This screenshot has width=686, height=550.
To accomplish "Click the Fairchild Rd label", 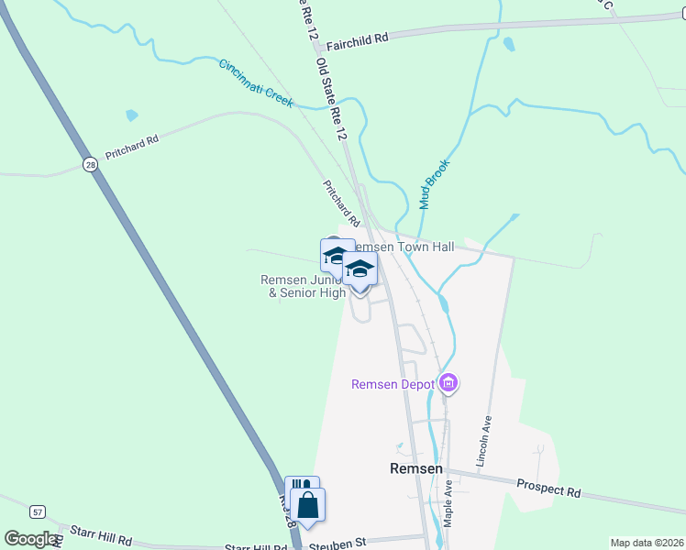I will [357, 38].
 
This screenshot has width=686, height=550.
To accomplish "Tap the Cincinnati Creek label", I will [256, 83].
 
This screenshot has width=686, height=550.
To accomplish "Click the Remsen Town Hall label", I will [404, 247].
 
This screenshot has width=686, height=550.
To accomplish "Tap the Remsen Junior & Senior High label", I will [303, 287].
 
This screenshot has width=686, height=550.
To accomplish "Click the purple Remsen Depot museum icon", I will [448, 383].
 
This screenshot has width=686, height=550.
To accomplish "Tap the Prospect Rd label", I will [548, 489].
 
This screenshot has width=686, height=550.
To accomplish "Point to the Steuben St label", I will [336, 543].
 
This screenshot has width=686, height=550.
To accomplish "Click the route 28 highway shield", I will [89, 165].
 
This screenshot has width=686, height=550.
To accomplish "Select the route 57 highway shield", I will [37, 511].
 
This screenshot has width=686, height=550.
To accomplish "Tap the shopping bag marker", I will [308, 505].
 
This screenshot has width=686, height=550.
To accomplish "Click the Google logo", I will [31, 539].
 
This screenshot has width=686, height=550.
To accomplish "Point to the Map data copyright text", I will [646, 543].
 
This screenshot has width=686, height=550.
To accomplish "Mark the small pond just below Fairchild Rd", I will [509, 43].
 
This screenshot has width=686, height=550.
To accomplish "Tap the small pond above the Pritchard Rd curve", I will [132, 115].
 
